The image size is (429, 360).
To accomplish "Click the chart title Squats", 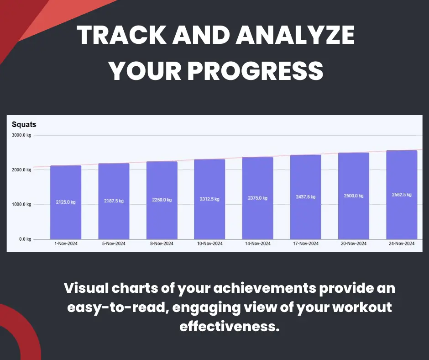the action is click(24, 124).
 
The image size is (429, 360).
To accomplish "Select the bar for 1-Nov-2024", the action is click(66, 202).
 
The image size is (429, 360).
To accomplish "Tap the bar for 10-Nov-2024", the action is click(209, 199).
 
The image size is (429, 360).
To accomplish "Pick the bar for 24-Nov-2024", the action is click(402, 195).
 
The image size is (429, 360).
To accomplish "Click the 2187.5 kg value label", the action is click(114, 201).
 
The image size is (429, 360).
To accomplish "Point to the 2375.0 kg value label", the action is click(258, 198).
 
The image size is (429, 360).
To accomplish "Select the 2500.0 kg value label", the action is click(354, 196).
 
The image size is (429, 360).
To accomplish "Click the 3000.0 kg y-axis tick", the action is click(21, 135).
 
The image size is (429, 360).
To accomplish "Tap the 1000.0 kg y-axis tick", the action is click(21, 204).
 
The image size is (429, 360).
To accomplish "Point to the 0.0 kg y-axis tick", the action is click(25, 239).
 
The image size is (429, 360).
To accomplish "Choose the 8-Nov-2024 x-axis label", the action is click(162, 244).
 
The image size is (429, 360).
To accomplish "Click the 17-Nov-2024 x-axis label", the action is click(306, 244).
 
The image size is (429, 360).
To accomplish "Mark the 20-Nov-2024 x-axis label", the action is click(354, 244).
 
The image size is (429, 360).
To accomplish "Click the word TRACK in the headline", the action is click(122, 35).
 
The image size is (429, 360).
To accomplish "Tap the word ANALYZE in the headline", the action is click(295, 35).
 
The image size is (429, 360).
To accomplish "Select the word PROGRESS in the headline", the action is click(255, 71).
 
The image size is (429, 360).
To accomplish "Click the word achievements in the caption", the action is click(265, 288).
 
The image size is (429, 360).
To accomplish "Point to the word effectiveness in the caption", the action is click(230, 326).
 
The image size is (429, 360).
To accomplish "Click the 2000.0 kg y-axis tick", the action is click(21, 170).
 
